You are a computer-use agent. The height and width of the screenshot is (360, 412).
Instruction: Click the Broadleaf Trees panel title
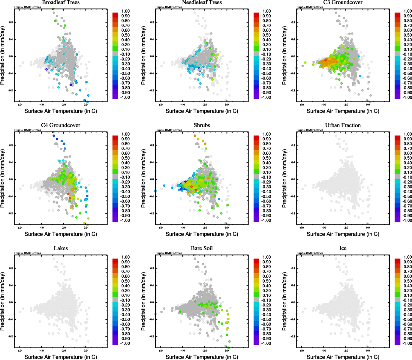(61, 2)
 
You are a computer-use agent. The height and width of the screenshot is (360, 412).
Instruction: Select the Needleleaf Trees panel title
(202, 2)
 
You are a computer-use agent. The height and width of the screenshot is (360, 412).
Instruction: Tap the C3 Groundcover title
(343, 2)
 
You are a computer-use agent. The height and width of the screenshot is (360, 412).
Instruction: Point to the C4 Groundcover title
(61, 125)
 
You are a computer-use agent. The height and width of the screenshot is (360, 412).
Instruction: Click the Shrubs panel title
(202, 125)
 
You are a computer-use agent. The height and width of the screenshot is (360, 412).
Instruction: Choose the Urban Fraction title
(343, 125)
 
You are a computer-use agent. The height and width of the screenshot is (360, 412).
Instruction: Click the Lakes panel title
(61, 248)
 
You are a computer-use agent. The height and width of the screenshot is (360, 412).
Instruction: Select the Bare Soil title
(202, 248)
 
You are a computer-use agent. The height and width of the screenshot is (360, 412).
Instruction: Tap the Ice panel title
(343, 248)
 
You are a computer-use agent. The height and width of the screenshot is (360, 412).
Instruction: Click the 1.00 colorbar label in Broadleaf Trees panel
(125, 11)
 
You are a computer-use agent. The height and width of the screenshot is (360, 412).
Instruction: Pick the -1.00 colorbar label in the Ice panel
(407, 343)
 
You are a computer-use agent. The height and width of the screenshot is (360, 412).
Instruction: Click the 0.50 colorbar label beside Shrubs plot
(267, 158)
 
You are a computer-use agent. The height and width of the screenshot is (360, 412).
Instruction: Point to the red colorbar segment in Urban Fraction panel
(397, 138)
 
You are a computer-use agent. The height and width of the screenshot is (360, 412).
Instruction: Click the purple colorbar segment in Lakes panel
(115, 342)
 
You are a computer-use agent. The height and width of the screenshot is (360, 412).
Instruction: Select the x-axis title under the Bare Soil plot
(202, 357)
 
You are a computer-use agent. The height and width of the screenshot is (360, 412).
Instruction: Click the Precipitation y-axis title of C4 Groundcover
(3, 178)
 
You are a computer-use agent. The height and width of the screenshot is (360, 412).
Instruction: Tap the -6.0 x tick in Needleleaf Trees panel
(160, 105)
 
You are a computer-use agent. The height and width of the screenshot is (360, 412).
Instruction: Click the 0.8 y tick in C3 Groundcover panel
(293, 22)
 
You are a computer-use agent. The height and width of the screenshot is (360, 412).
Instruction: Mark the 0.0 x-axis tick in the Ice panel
(368, 351)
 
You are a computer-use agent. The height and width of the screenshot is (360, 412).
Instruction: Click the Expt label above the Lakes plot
(28, 253)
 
